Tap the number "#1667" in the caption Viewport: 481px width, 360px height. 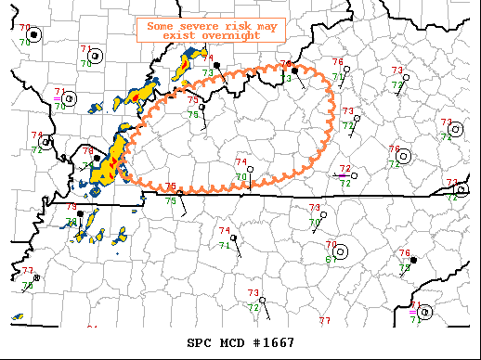(276, 342)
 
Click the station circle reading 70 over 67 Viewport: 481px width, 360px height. (342, 251)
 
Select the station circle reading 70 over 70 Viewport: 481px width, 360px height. (33, 34)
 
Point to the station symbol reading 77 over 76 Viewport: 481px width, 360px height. (36, 277)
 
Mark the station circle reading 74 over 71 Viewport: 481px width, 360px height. (233, 238)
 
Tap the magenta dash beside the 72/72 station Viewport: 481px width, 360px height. (342, 174)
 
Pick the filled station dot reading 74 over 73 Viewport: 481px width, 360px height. (216, 65)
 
